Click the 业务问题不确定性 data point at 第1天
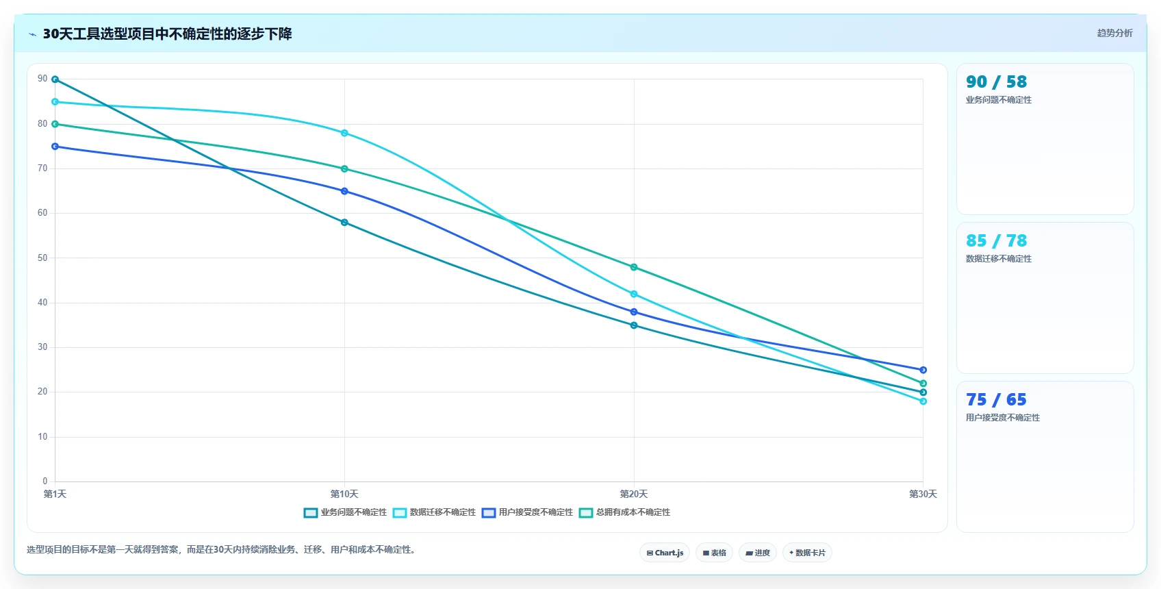[x=55, y=79]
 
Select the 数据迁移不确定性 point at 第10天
[x=344, y=134]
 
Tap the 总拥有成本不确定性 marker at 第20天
[x=634, y=267]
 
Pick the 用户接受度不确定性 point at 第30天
[x=923, y=370]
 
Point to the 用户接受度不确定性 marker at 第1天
[x=55, y=146]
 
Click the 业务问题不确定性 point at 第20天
[x=634, y=325]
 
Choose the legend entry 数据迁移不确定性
[x=434, y=512]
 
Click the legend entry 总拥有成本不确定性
[x=624, y=512]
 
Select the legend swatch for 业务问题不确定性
[x=311, y=513]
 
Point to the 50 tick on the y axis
[x=42, y=258]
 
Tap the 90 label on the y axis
[x=42, y=79]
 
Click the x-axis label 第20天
[x=634, y=494]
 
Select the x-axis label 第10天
[x=344, y=494]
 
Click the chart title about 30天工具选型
[x=168, y=34]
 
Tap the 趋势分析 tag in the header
[x=1115, y=33]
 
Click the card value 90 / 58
[x=996, y=82]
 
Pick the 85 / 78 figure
[x=996, y=240]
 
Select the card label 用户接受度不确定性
[x=1003, y=417]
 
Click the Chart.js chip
[x=665, y=553]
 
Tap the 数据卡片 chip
[x=807, y=553]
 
